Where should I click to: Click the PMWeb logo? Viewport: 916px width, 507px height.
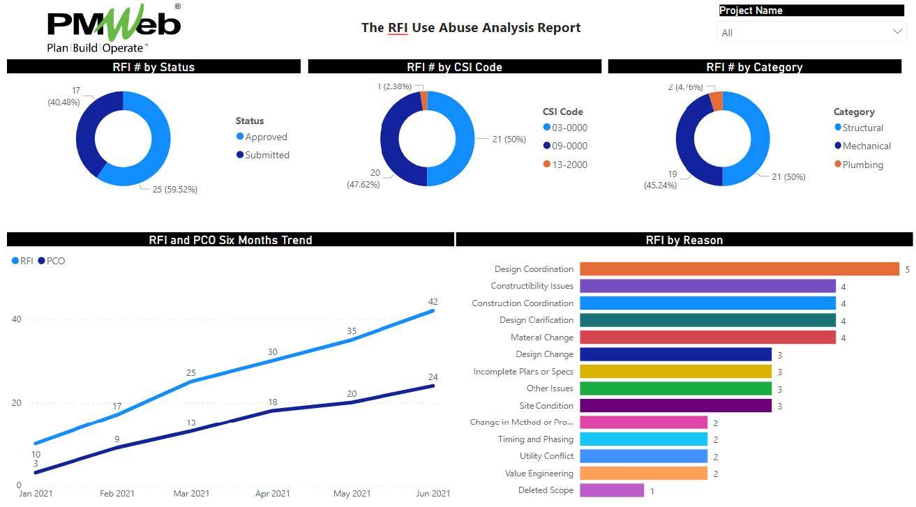tap(114, 29)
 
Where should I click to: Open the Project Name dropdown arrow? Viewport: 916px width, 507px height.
tap(897, 32)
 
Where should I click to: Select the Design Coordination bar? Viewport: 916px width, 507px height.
tap(739, 269)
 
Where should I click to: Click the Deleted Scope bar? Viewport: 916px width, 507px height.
tap(611, 490)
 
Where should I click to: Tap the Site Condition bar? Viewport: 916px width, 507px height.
tap(675, 406)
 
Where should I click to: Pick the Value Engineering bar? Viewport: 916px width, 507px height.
tap(643, 474)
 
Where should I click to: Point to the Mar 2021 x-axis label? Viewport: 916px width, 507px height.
tap(191, 494)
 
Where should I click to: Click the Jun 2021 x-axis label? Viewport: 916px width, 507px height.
tap(433, 494)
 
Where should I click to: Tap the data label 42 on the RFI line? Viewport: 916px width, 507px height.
tap(433, 302)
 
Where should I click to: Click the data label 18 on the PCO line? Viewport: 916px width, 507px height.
tap(272, 402)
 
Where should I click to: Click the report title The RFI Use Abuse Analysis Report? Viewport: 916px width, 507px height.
tap(471, 28)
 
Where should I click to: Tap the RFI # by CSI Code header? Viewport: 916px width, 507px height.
tap(454, 67)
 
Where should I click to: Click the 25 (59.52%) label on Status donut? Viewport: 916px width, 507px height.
tap(174, 190)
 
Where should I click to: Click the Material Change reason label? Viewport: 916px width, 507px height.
tap(542, 338)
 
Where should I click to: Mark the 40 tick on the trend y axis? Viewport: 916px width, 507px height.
tap(16, 319)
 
